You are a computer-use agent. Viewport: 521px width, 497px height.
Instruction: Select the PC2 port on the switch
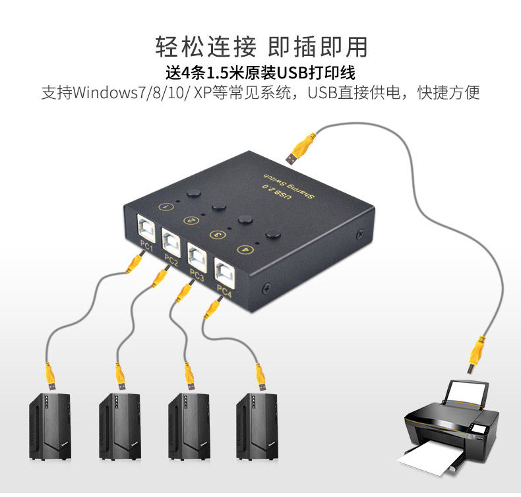click(171, 240)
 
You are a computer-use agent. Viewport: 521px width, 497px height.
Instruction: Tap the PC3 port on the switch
click(197, 254)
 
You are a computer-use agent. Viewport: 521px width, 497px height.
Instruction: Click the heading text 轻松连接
click(205, 47)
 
